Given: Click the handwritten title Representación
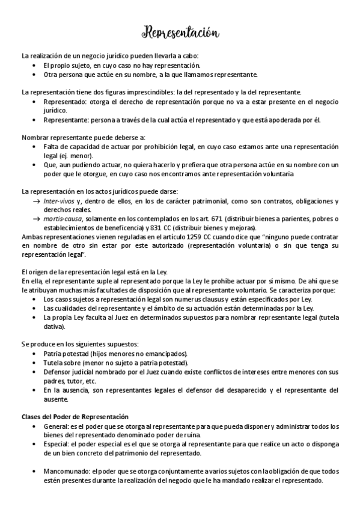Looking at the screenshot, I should (180, 31).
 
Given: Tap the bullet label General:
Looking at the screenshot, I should (57, 426).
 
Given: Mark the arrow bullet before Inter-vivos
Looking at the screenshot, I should (37, 201).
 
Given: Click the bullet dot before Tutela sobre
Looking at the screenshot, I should (37, 363).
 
